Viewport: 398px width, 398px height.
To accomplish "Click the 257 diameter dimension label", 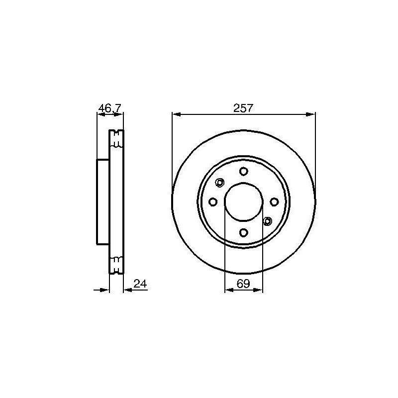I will (243, 107).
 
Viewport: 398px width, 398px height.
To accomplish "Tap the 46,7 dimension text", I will (109, 107).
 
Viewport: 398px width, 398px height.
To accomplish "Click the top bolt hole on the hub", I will (243, 172).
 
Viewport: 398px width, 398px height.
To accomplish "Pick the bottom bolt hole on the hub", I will (243, 232).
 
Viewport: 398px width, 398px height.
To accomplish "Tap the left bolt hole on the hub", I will (213, 202).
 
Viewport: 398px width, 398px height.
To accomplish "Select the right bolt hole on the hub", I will (274, 202).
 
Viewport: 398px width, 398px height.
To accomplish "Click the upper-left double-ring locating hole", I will (220, 183).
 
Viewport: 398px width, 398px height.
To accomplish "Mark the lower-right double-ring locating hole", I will (267, 221).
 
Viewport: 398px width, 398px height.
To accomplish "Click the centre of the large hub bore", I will (243, 202).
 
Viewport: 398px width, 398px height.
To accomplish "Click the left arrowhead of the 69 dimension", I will (228, 291).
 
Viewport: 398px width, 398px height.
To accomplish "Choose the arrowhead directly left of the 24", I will (127, 291).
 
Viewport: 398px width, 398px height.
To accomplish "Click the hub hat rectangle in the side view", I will (102, 201).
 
